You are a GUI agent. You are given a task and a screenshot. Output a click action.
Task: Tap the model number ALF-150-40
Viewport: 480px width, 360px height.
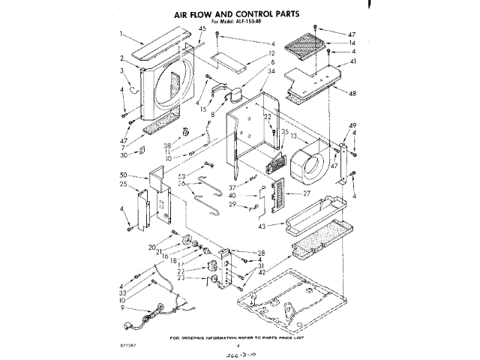pos(256,22)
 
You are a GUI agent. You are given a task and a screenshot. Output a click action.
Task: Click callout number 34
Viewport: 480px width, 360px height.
pos(250,72)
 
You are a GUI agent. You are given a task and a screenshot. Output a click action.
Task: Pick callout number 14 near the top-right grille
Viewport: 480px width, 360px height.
pos(352,43)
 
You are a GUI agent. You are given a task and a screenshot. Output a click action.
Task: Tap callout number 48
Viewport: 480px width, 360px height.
pos(352,92)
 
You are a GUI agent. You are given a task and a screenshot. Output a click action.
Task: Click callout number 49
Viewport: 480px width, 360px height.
pos(352,124)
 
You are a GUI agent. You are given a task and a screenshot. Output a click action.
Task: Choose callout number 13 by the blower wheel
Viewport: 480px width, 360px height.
pos(295,136)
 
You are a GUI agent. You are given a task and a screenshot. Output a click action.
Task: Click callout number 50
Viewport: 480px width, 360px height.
pos(122,175)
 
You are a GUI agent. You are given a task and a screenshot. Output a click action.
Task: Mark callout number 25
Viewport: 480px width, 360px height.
pos(122,184)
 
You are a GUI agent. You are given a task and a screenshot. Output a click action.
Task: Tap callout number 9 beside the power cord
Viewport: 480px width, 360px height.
pos(122,307)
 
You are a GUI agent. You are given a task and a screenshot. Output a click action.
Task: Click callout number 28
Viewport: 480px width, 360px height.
pos(261,253)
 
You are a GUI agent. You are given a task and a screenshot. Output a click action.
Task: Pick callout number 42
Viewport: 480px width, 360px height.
pos(261,272)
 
